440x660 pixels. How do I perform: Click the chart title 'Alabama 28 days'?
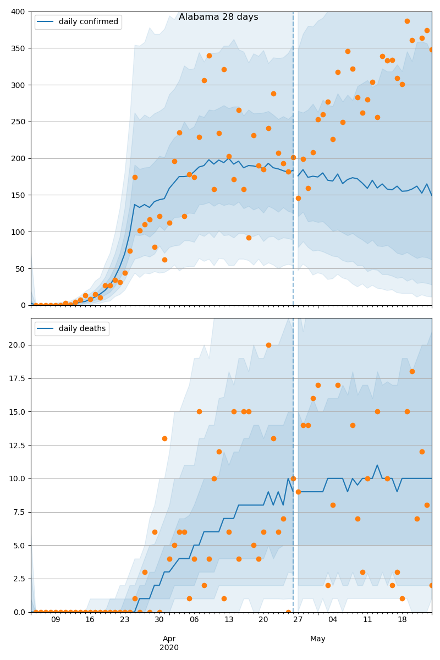(x=218, y=17)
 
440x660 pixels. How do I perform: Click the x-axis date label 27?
(x=298, y=620)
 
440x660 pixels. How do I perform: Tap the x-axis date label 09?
(x=56, y=620)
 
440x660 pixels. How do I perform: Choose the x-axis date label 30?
(x=159, y=620)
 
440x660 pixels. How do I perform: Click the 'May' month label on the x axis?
(x=318, y=639)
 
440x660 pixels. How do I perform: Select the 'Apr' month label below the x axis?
(x=169, y=639)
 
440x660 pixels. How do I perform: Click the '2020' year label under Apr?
(x=169, y=647)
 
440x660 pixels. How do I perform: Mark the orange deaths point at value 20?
(x=268, y=345)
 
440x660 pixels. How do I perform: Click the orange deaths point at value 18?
(x=412, y=371)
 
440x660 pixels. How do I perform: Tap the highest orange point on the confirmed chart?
(x=407, y=21)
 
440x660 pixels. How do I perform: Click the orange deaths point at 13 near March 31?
(x=164, y=438)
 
